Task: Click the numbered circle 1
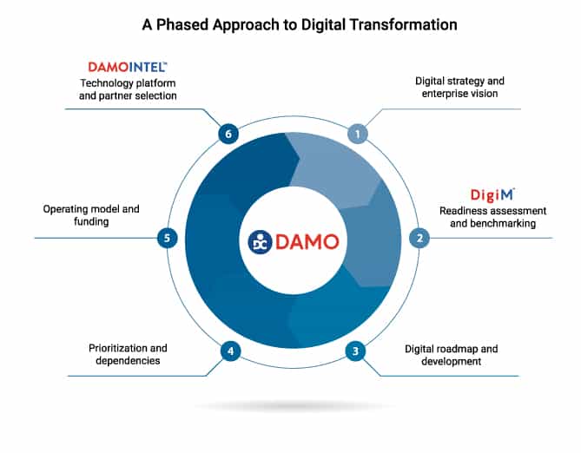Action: coord(358,134)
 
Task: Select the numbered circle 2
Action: coord(419,238)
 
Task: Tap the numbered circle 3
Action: coord(355,351)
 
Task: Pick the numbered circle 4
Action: coord(231,351)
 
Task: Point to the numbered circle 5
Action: coord(167,238)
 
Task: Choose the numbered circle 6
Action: coord(228,134)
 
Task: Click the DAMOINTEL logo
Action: coord(128,67)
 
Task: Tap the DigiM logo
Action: coord(492,195)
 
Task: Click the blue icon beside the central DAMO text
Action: coord(261,242)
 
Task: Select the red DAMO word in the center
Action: coord(307,242)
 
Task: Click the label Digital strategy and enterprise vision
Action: coord(459,87)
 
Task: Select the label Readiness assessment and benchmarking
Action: coord(492,217)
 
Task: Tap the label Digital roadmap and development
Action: coord(451,355)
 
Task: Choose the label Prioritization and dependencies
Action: coord(128,354)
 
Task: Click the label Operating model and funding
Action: coord(91,215)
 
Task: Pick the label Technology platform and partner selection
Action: coord(128,89)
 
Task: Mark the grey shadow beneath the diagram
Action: coord(294,406)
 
